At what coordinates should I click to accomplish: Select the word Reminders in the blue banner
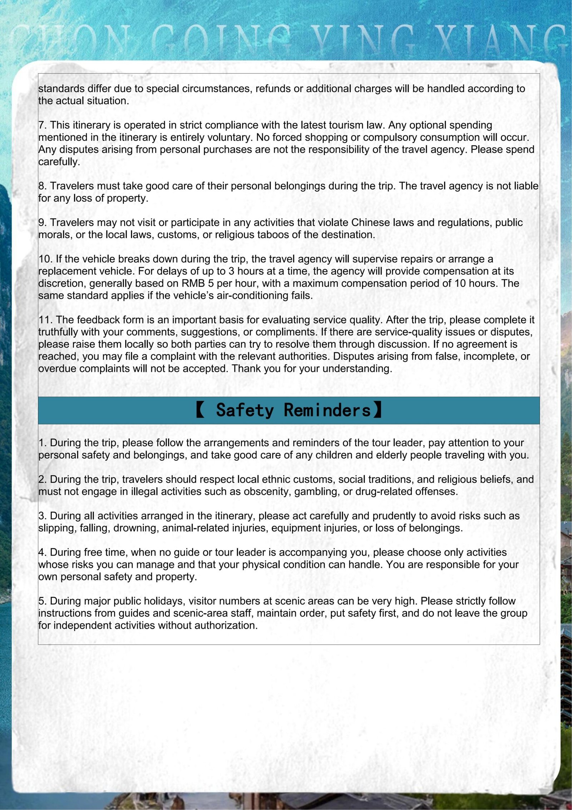pos(327,410)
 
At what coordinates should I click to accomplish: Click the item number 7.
pos(42,125)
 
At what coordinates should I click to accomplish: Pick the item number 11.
pos(45,320)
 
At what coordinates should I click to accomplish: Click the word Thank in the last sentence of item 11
pos(246,369)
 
